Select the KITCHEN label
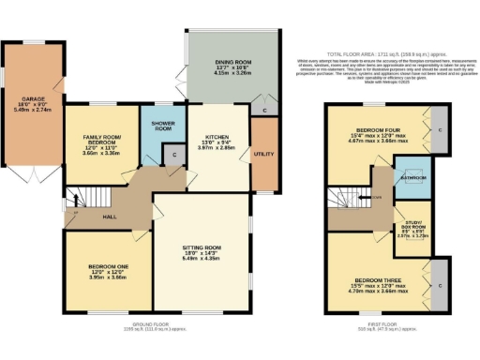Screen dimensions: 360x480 click(x=216, y=142)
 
